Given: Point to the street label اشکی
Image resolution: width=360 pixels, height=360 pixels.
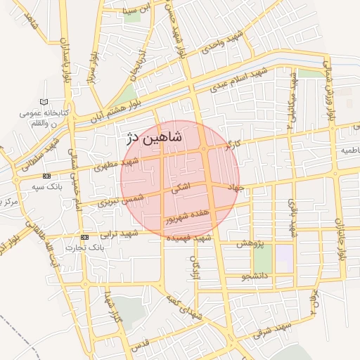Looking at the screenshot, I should (181, 189).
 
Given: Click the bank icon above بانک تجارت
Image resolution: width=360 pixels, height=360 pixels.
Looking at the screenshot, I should (85, 237).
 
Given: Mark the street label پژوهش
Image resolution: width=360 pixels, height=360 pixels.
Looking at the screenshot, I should (250, 243).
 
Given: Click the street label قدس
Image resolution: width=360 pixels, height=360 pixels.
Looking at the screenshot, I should (141, 343).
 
